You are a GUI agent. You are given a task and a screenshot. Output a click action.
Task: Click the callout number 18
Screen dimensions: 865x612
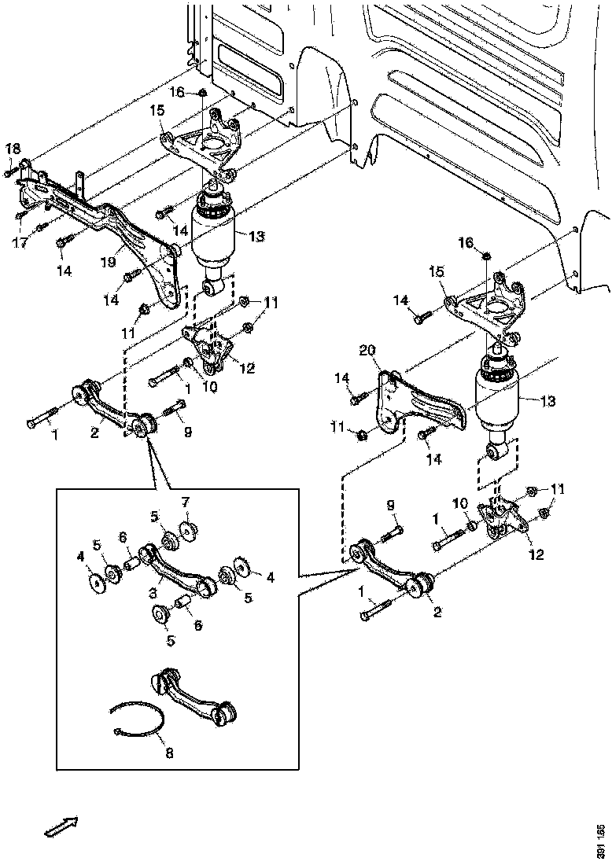click(x=13, y=149)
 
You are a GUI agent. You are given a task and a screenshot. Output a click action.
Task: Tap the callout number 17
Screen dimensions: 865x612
click(x=20, y=243)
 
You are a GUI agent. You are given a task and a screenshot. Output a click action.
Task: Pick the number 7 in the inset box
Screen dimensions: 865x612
click(x=186, y=502)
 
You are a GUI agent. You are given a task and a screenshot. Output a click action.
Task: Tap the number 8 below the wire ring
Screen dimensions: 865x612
click(x=170, y=752)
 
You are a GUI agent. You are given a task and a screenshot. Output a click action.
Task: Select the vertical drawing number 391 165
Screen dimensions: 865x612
click(x=601, y=841)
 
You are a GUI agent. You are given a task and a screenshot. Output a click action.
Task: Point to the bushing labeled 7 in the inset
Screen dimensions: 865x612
click(x=187, y=533)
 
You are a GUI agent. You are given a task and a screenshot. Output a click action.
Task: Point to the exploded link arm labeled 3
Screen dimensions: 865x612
click(x=177, y=568)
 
